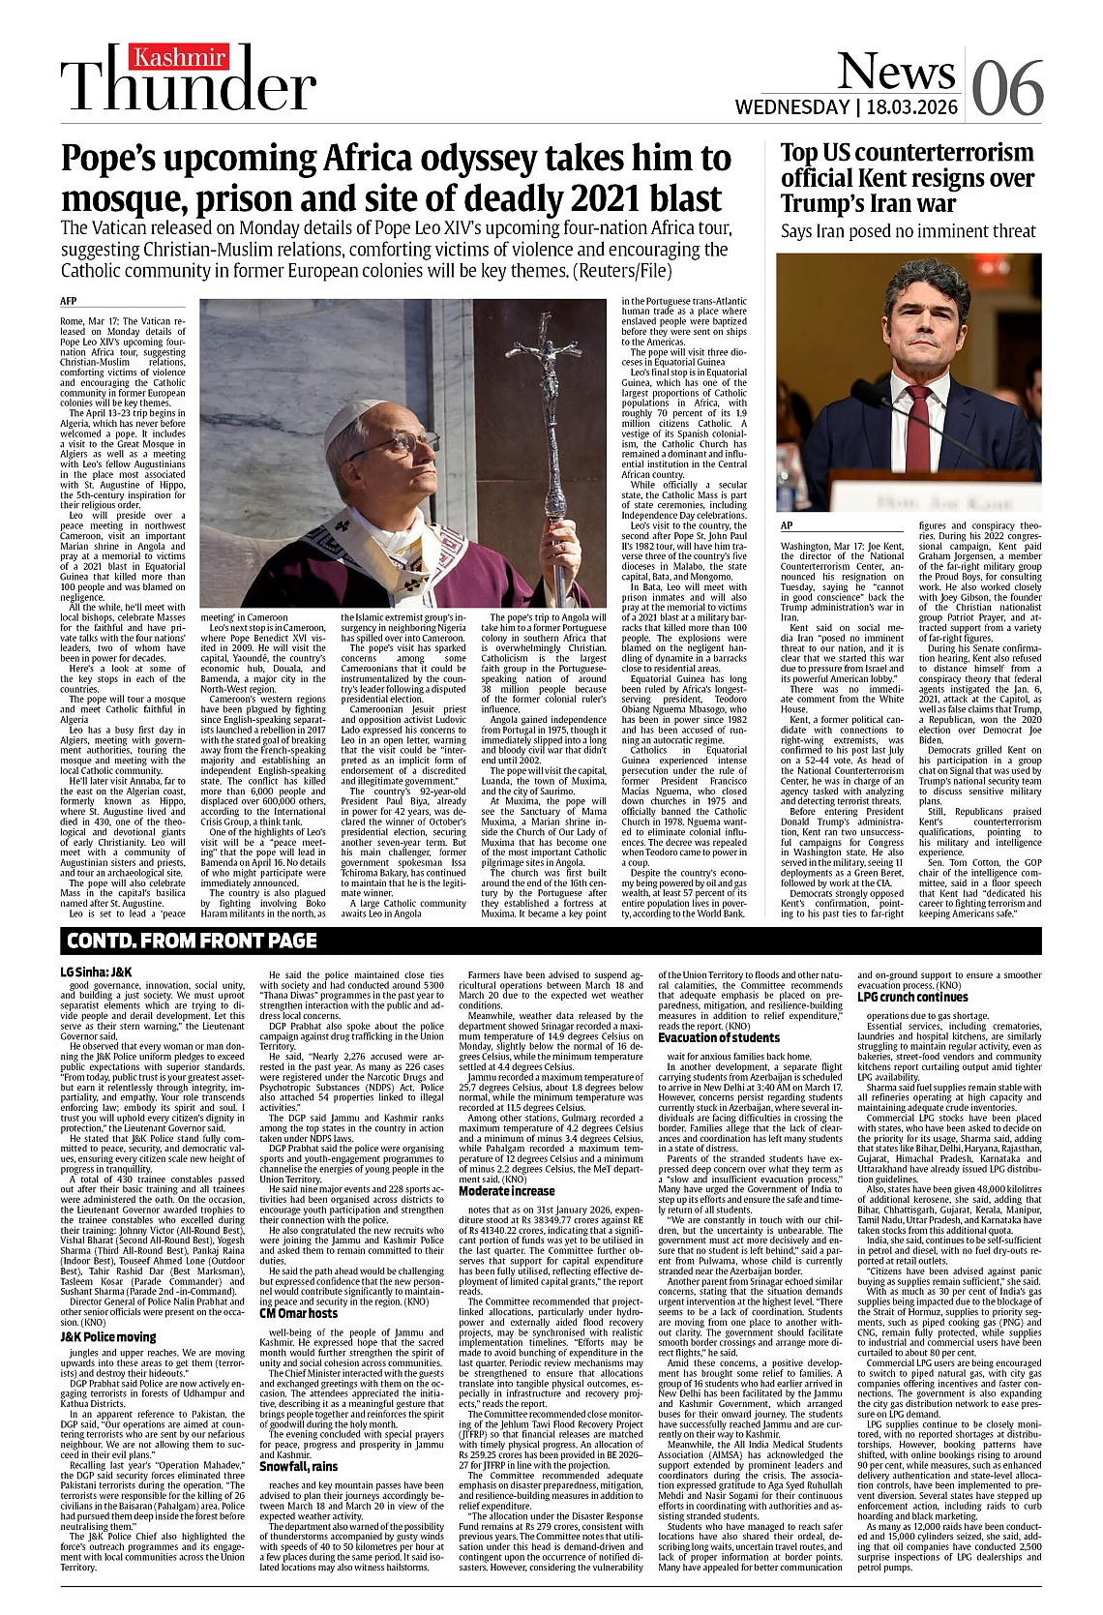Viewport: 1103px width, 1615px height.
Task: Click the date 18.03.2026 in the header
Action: tap(909, 106)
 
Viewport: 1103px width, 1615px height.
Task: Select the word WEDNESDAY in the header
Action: tap(792, 106)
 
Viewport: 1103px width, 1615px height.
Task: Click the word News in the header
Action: tap(895, 70)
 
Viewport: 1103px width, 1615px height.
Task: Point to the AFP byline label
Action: tap(69, 302)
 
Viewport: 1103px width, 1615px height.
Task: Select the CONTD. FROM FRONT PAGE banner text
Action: tap(191, 940)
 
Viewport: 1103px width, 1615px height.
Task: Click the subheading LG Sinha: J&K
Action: tap(96, 972)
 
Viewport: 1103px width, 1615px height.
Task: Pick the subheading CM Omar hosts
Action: tap(299, 1313)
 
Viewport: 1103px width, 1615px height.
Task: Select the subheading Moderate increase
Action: tap(507, 1191)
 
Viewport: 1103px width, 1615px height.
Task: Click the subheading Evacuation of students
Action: tap(719, 1038)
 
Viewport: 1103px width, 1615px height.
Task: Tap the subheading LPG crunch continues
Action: tap(912, 997)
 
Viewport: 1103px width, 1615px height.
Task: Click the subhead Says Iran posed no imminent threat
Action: tap(908, 232)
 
